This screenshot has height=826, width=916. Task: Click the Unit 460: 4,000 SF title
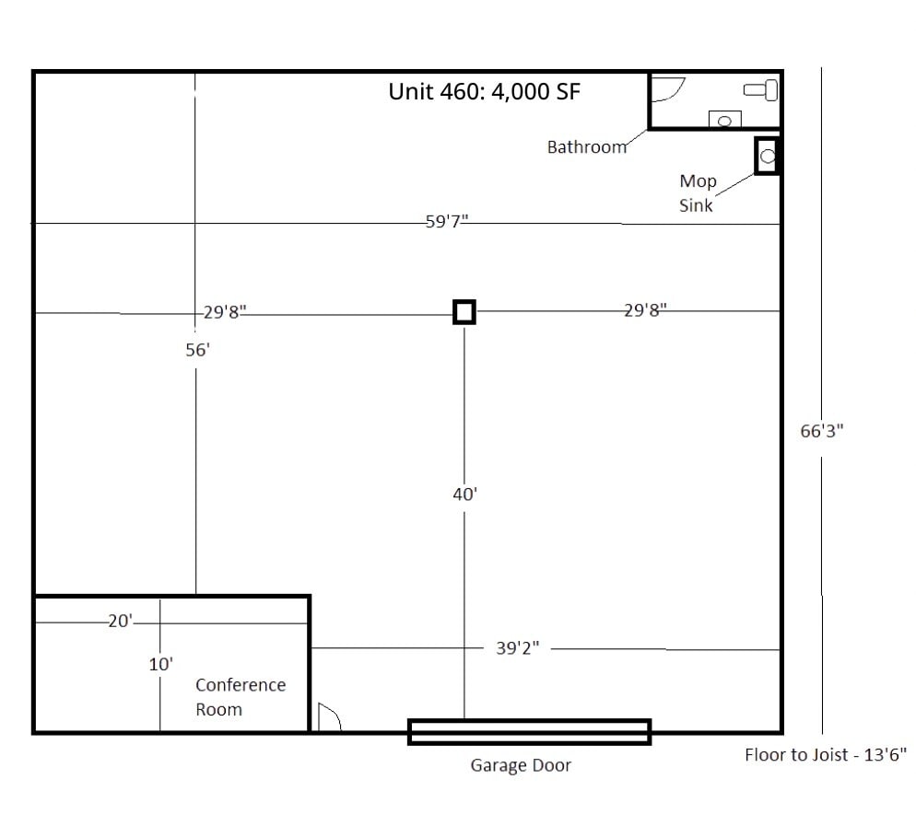(x=484, y=92)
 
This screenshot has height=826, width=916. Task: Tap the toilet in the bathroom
(x=762, y=89)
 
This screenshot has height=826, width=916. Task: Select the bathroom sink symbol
(x=725, y=120)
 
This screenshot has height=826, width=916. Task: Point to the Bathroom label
(x=587, y=146)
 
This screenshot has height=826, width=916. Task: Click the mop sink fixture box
(x=768, y=156)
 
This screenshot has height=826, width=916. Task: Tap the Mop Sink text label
(x=697, y=192)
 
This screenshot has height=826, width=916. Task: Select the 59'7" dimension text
(x=447, y=222)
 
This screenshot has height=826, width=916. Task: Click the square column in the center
(x=464, y=312)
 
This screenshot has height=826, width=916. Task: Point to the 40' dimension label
(x=464, y=494)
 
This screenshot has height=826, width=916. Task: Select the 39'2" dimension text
(x=517, y=648)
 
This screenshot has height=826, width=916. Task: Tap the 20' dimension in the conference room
(x=121, y=622)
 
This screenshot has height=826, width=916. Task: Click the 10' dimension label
(x=161, y=663)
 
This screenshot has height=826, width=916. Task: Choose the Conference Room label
(x=240, y=697)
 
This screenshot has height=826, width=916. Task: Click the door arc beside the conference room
(x=329, y=717)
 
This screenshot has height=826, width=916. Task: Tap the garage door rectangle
(x=530, y=731)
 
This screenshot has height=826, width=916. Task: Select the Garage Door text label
(x=521, y=765)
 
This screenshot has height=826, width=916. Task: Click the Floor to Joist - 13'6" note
(x=826, y=755)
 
